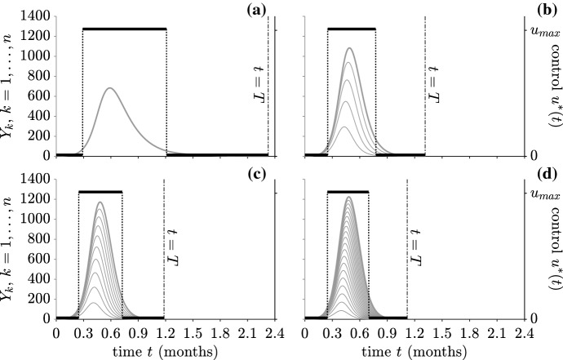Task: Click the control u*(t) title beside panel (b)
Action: click(x=555, y=90)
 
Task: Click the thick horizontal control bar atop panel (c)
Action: click(x=100, y=192)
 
